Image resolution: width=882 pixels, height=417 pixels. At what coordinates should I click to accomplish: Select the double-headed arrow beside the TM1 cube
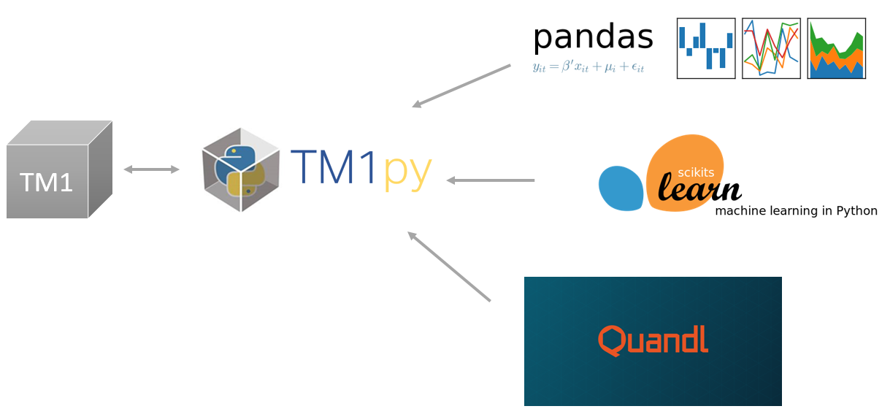tap(151, 169)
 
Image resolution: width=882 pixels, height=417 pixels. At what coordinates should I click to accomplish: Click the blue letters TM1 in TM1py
tap(334, 169)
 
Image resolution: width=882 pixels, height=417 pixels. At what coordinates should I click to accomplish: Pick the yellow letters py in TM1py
tap(407, 172)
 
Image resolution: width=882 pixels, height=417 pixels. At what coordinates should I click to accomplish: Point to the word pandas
tap(593, 37)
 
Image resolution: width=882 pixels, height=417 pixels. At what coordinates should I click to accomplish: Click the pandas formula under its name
tap(588, 67)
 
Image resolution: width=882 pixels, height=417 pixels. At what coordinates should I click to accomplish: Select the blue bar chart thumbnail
tap(705, 48)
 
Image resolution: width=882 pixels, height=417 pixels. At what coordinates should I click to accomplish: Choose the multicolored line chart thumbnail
tap(771, 48)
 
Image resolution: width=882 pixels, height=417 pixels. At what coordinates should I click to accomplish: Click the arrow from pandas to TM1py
tap(461, 86)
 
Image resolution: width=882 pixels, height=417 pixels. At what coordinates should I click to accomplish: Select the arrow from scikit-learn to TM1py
tap(490, 180)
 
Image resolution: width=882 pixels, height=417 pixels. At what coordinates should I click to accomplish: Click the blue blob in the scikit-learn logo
tap(621, 188)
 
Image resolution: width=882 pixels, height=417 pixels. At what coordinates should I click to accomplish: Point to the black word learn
tap(699, 188)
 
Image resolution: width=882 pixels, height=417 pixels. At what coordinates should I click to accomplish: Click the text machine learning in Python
tap(796, 211)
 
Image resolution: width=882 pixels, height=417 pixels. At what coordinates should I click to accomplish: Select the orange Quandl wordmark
tap(653, 340)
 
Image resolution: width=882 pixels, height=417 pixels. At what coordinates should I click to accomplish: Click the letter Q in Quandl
tap(610, 341)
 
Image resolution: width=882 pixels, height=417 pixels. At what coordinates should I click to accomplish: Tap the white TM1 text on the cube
tap(47, 182)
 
